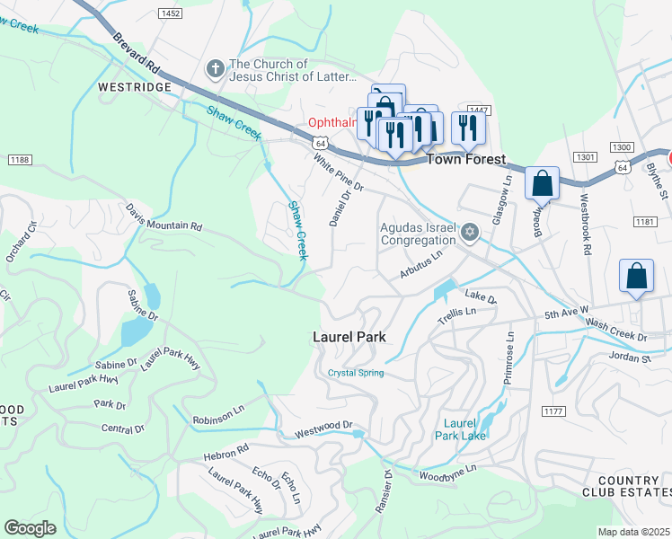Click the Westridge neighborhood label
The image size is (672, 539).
click(x=134, y=88)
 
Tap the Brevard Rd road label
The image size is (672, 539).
click(x=137, y=55)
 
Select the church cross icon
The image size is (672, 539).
click(x=215, y=68)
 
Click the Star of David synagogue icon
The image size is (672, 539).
click(x=468, y=234)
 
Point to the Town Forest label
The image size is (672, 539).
click(x=465, y=159)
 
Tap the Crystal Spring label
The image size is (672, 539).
click(x=356, y=373)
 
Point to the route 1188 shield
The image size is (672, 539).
click(x=20, y=159)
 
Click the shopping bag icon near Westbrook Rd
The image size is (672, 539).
click(x=543, y=184)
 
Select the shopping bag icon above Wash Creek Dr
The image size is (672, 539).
click(x=636, y=277)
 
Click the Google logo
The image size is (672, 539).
click(x=31, y=528)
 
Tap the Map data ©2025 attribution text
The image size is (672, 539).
click(x=634, y=532)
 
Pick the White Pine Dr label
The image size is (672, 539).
click(x=338, y=172)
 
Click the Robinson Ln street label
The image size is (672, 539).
click(x=219, y=420)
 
